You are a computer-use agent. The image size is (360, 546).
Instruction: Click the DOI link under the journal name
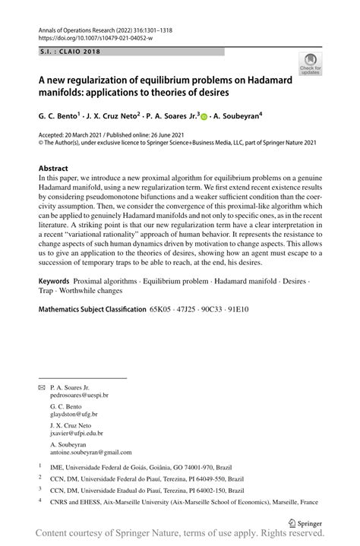click(x=90, y=36)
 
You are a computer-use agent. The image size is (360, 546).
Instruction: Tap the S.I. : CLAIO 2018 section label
click(x=68, y=52)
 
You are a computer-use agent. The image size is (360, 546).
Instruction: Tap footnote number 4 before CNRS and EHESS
click(x=39, y=501)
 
